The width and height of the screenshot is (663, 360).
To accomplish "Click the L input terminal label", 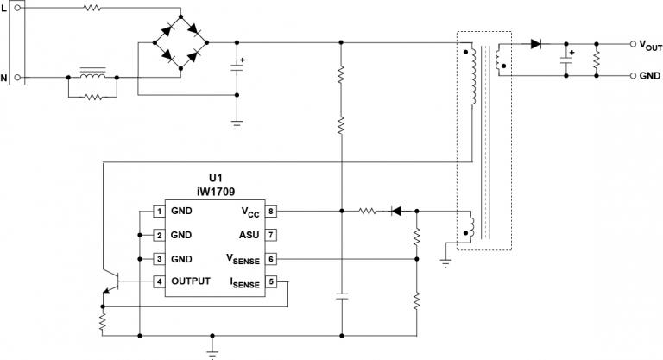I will (4, 9).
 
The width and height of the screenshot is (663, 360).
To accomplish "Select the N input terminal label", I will (4, 78).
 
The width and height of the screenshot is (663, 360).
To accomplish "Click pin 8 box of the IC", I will (271, 211).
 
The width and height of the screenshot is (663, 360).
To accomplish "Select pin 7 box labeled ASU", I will (271, 234).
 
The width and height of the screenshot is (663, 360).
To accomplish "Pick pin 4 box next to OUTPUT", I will (159, 281).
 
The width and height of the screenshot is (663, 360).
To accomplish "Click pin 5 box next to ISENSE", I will (271, 281).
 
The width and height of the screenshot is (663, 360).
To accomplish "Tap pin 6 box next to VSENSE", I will (271, 258).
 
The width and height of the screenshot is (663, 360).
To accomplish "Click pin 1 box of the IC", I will (159, 211).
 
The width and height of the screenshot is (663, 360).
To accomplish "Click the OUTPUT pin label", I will (191, 281).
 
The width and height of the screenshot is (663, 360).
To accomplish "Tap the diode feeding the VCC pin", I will (397, 210).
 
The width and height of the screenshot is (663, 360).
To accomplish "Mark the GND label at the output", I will (650, 76).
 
